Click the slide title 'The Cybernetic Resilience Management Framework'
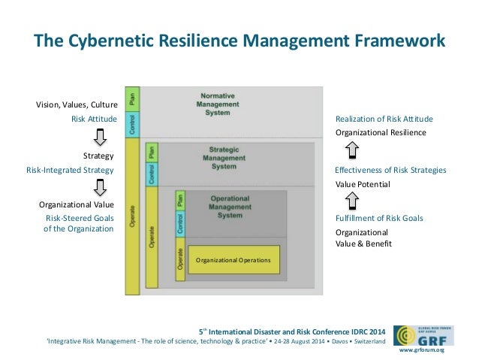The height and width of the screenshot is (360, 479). point(239,38)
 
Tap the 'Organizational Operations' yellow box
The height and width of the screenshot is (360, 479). point(233,260)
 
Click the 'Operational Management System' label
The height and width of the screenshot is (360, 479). point(230,204)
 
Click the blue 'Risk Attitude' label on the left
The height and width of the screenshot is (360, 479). point(93,118)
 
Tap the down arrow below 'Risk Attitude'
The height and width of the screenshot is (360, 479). point(99,138)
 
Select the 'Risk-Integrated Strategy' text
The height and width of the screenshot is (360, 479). point(70,170)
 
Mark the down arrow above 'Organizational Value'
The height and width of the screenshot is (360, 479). point(99,188)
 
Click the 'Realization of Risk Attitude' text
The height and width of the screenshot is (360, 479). point(384,119)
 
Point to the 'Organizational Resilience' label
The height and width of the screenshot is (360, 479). point(380,132)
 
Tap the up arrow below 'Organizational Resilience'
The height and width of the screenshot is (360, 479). point(351,151)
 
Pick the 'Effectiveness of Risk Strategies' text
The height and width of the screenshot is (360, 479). point(390,170)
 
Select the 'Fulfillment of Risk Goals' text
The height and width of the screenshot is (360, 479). point(378,218)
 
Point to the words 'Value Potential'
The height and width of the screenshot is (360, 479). point(363,183)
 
